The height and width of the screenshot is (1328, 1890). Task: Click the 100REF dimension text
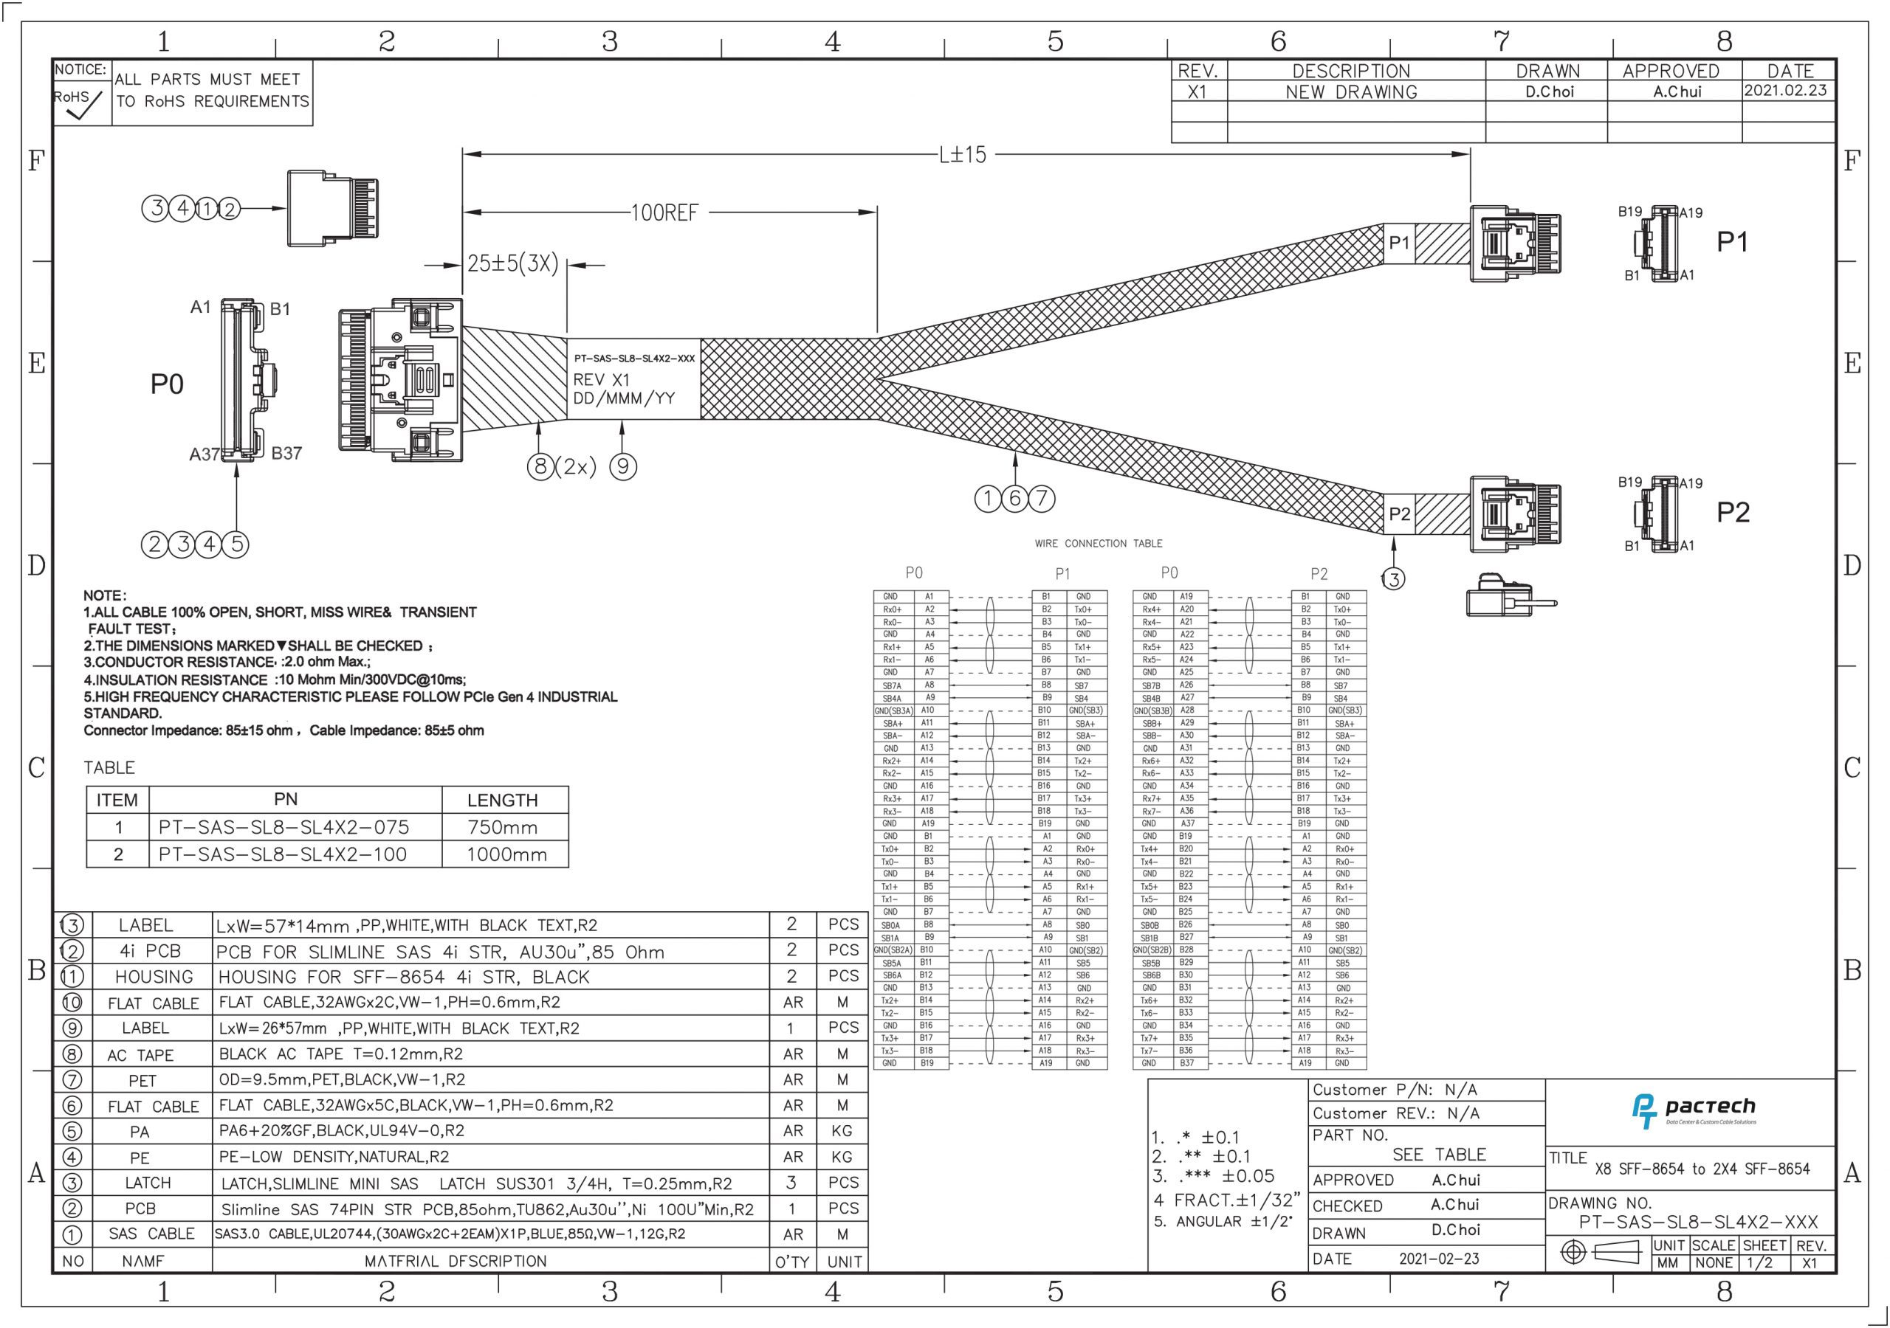pos(664,213)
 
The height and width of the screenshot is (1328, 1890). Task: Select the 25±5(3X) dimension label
pos(513,264)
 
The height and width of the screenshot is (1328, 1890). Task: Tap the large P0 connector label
pos(167,384)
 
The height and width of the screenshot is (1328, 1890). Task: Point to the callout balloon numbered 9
pos(623,467)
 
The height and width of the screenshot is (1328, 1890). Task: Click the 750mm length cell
pos(502,828)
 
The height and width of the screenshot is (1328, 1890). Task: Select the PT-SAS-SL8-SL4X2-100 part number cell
pos(283,854)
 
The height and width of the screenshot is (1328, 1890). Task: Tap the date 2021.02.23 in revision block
pos(1785,91)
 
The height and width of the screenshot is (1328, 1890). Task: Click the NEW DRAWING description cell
pos(1352,92)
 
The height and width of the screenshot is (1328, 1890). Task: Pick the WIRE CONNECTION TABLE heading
pos(1098,544)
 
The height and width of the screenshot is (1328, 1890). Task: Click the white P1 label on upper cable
pos(1399,243)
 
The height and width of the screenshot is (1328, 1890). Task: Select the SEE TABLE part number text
pos(1438,1155)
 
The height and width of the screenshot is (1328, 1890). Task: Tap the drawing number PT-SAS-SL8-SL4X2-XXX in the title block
pos(1698,1222)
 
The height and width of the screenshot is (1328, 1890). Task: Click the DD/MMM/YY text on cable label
pos(623,399)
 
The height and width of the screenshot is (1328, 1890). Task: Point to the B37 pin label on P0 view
pos(286,453)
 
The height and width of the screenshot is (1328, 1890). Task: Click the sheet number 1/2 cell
pos(1760,1263)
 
